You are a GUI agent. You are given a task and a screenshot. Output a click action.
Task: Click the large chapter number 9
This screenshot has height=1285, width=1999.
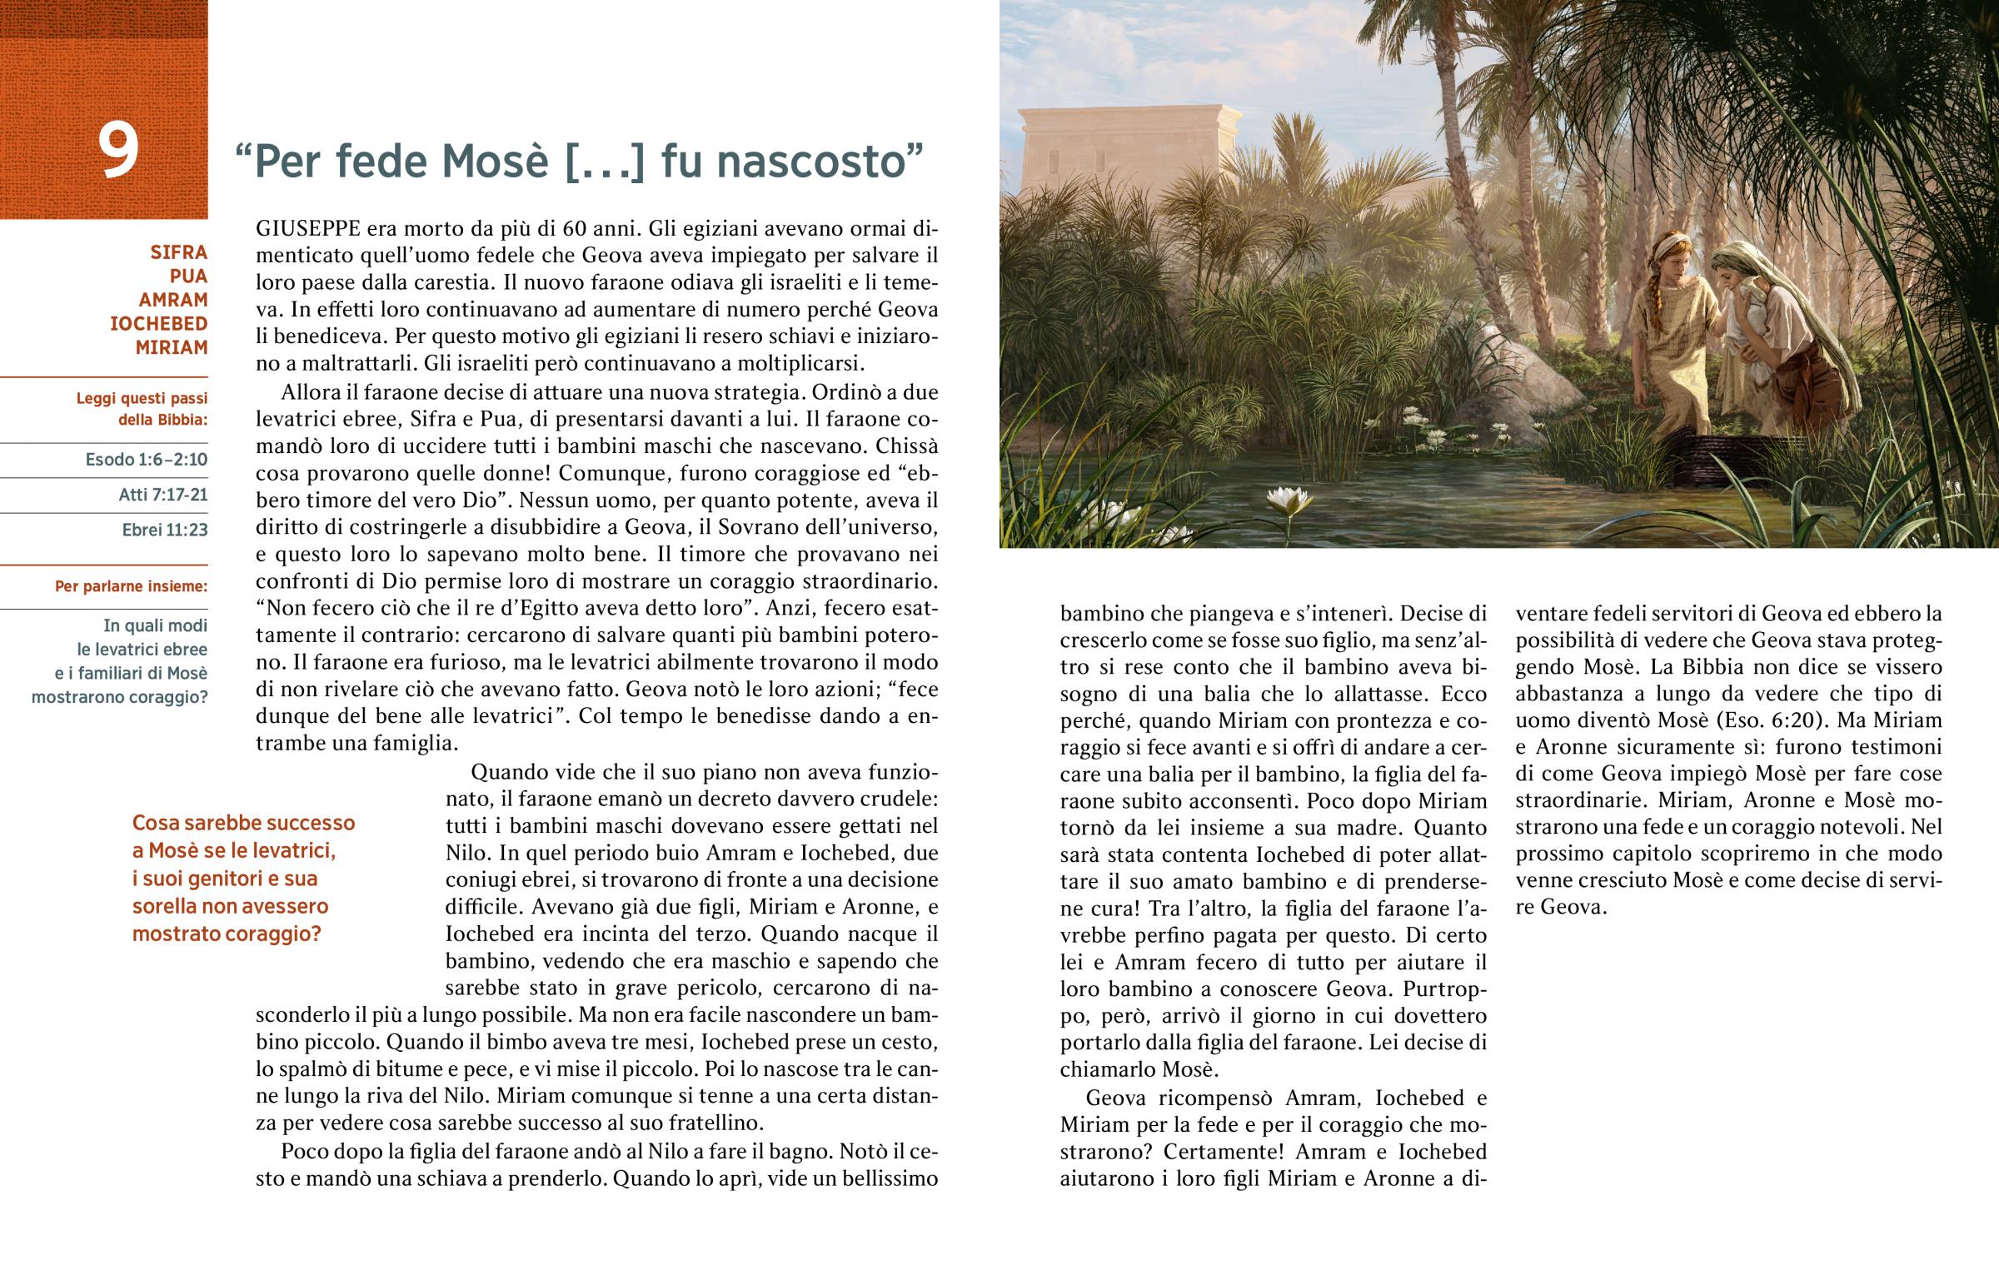(x=117, y=150)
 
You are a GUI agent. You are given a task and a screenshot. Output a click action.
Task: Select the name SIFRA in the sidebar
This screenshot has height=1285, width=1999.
(x=178, y=252)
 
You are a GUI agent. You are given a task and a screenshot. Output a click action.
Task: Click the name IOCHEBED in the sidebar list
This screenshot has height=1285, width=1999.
(x=158, y=324)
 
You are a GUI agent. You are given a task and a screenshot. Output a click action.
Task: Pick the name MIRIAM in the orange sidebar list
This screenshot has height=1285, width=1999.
(x=171, y=347)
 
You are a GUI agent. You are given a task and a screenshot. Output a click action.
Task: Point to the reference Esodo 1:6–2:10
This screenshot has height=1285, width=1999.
(x=146, y=460)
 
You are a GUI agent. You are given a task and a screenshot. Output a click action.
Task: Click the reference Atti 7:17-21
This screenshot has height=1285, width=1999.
(x=162, y=495)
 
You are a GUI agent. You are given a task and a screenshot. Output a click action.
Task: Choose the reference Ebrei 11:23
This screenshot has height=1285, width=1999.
(x=164, y=530)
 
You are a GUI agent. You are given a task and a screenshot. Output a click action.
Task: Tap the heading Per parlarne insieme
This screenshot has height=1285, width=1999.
(x=131, y=586)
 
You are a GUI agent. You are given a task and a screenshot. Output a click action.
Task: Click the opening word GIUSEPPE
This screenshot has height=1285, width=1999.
(x=308, y=229)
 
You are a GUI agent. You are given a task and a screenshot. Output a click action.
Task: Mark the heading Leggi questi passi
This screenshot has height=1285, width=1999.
(x=141, y=399)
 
